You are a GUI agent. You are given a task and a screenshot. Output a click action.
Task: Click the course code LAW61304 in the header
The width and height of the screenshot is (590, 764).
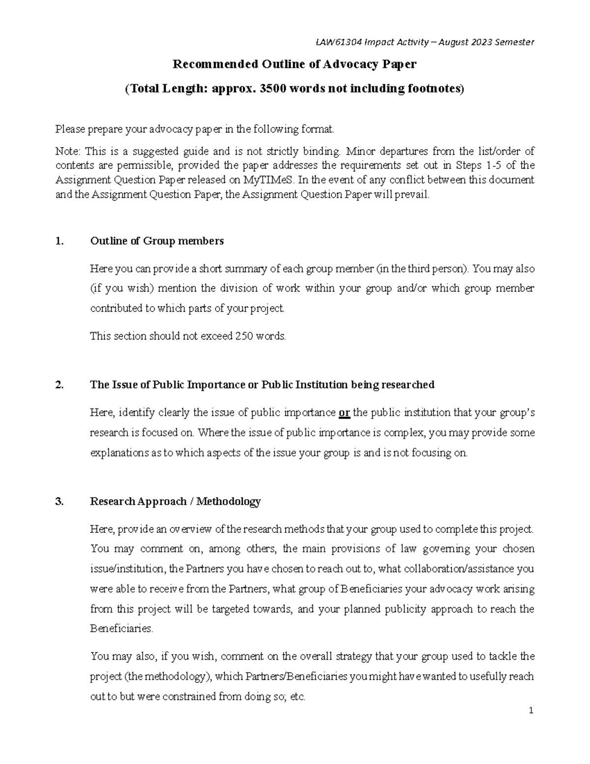pos(336,42)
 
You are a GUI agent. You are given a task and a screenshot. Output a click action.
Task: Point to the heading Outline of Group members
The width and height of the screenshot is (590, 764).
pos(157,241)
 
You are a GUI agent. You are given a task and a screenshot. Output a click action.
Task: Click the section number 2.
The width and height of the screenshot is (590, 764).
pos(59,385)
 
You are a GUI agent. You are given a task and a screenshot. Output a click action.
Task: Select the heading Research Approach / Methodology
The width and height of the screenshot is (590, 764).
pos(175,501)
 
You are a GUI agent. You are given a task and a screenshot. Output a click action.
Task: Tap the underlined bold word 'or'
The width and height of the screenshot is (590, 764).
pos(345,413)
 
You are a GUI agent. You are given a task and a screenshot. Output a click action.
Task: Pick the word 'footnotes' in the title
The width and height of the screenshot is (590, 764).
pos(436,89)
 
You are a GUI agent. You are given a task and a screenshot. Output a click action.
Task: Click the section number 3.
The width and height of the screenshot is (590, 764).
pos(59,501)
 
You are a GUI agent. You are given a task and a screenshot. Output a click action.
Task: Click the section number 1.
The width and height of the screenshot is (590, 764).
pos(59,241)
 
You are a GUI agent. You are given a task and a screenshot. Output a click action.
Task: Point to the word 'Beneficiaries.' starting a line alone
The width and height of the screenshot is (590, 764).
pos(122,629)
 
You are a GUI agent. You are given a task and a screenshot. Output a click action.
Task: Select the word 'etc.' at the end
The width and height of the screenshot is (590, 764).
pos(298,697)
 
